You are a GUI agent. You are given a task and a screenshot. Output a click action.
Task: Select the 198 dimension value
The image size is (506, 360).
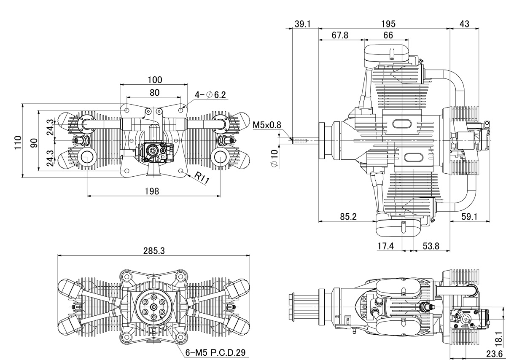151,191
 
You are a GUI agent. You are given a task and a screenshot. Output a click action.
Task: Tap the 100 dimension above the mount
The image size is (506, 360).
154,80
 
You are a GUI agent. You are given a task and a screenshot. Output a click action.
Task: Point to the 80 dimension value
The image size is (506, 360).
154,92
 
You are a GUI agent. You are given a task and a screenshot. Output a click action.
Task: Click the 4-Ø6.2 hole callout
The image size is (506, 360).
210,95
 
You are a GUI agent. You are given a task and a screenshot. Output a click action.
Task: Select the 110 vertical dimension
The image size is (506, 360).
17,140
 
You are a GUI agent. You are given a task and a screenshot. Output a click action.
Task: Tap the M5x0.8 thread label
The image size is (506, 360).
267,125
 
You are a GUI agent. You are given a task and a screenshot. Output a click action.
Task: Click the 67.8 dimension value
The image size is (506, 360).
340,35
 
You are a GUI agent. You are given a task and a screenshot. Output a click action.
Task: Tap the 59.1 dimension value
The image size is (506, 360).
469,217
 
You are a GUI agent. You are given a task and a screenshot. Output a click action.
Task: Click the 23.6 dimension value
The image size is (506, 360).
495,353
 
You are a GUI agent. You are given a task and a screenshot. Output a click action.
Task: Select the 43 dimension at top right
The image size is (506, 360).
464,24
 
